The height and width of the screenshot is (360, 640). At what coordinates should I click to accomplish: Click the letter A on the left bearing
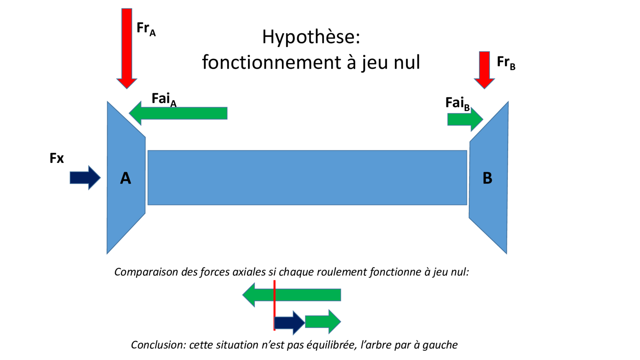coord(126,178)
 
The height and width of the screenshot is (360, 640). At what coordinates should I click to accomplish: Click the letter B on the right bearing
coord(487,178)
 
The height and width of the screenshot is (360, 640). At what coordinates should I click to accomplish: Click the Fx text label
coord(57,158)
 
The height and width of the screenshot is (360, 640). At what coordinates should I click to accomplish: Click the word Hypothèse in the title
coord(311,37)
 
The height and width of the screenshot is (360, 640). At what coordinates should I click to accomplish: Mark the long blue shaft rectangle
coord(307,177)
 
